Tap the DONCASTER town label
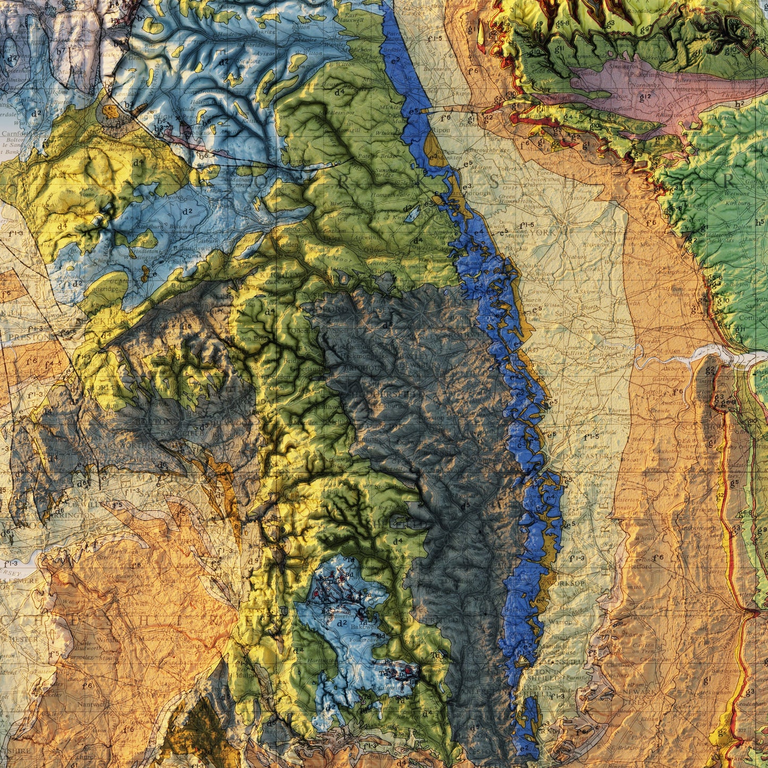[578, 456]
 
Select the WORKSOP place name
[570, 583]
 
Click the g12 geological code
[645, 97]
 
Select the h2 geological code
[739, 104]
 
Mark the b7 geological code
[61, 52]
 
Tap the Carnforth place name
[14, 134]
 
